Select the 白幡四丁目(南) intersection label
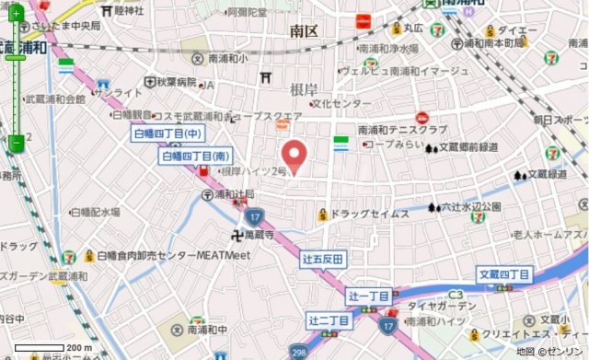click(195, 157)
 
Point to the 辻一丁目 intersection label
click(371, 296)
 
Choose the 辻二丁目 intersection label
click(329, 319)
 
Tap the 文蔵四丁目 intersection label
click(504, 274)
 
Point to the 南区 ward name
click(303, 31)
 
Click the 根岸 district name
click(303, 88)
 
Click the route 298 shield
click(299, 353)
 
